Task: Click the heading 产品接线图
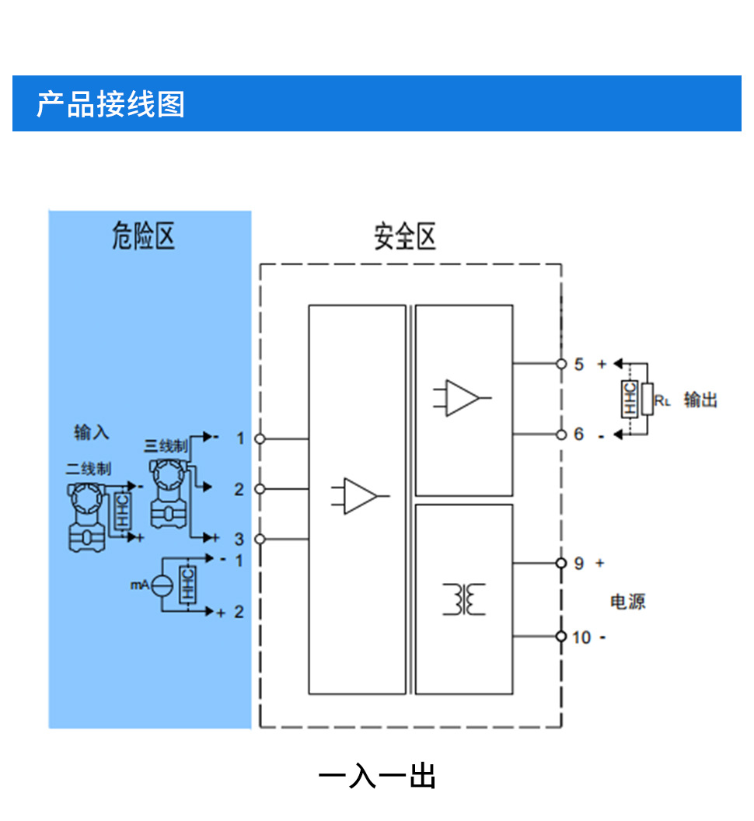coord(110,103)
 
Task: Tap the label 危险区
coord(143,234)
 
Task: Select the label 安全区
coord(404,236)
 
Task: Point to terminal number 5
coord(578,364)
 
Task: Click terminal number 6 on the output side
coord(578,435)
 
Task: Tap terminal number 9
coord(578,563)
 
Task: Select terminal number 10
coord(581,638)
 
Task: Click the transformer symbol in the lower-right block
coord(464,599)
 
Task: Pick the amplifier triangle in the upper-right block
coord(463,397)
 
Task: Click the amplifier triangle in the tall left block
coord(360,496)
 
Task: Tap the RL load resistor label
coord(661,401)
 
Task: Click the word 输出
coord(700,400)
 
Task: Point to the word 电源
coord(628,602)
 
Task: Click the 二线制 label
coord(89,469)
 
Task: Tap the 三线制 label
coord(166,446)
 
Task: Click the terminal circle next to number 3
coord(260,539)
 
